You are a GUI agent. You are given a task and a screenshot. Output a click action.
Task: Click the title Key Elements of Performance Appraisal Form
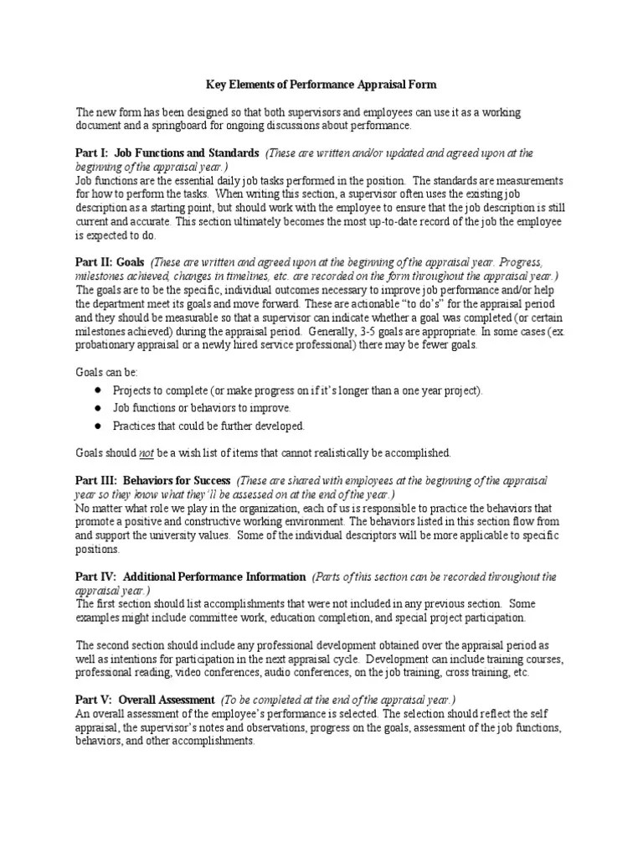click(321, 85)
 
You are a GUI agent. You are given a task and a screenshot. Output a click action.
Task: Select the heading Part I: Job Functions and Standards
click(167, 154)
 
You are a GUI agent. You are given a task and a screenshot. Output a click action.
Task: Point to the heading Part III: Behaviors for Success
click(153, 480)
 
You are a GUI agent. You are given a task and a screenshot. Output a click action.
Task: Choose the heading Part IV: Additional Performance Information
click(191, 577)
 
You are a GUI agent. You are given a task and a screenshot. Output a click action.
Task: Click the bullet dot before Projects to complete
click(98, 390)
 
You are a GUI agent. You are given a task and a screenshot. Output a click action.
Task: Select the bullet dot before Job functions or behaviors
click(98, 408)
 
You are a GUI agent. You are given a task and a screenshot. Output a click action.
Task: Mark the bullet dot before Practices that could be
click(98, 426)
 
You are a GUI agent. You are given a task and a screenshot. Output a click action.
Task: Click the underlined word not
click(147, 453)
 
